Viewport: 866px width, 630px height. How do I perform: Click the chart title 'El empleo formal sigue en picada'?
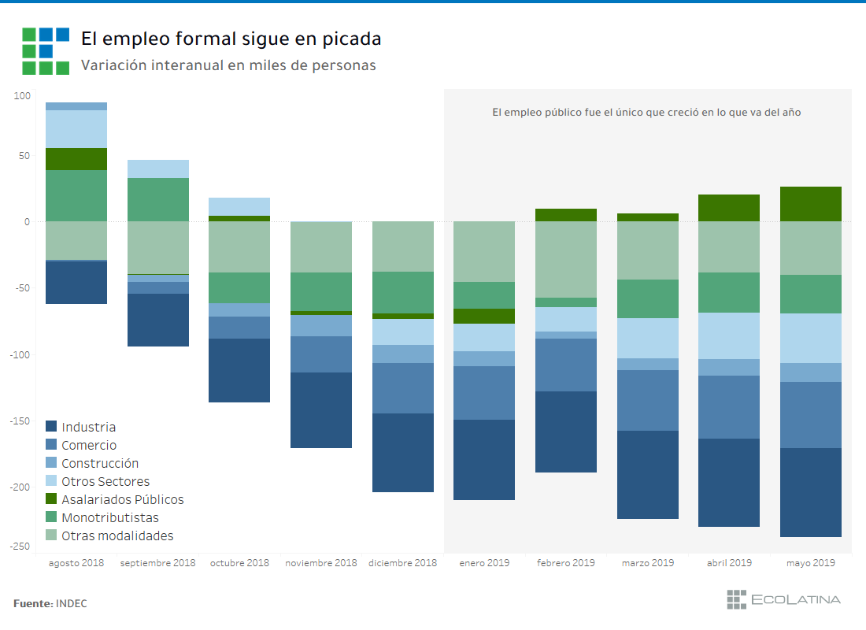coord(231,39)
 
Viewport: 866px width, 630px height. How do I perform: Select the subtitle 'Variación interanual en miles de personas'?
coord(228,65)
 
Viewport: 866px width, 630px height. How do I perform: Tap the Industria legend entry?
coord(88,427)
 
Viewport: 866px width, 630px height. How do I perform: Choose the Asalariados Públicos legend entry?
coord(122,499)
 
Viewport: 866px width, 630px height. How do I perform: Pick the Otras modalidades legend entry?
coord(117,535)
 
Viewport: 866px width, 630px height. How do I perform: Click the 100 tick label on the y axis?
coord(22,96)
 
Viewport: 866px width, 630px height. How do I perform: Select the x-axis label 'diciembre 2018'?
coord(402,563)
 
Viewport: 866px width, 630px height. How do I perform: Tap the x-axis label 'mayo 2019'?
coord(811,563)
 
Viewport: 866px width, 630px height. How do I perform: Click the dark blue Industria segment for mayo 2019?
coord(811,492)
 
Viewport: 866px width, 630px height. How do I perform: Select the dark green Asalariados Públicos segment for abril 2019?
coord(729,208)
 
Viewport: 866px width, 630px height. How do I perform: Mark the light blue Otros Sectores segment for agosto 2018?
coord(76,129)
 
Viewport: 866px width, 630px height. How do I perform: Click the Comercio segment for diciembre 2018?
coord(403,388)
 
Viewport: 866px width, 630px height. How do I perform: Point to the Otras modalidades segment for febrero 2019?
coord(566,259)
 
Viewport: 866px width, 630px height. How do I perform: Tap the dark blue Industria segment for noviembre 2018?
coord(321,410)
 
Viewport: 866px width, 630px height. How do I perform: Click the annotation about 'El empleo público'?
coord(646,113)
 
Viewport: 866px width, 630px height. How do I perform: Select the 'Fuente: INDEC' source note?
coord(50,603)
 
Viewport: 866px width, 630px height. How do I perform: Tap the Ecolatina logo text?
coord(795,599)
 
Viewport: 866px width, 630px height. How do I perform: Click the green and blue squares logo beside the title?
coord(46,51)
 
